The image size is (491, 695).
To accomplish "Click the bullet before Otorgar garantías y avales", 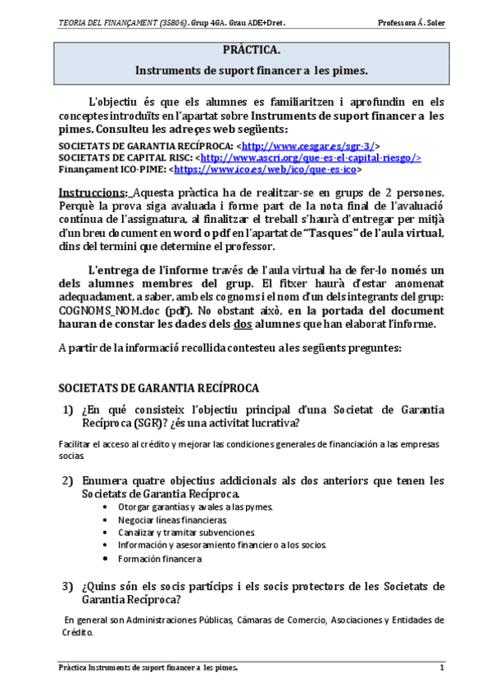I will coord(108,507).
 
